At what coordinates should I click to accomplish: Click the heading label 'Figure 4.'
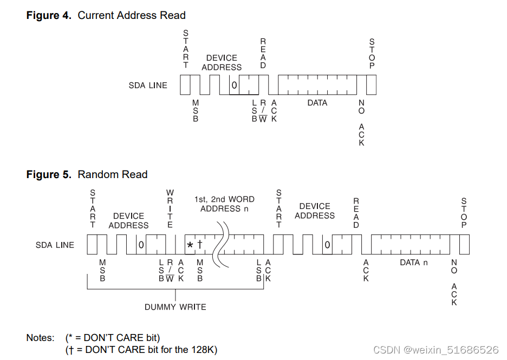click(x=49, y=15)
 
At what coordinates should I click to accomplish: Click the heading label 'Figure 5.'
click(x=49, y=174)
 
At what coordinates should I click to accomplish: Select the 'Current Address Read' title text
click(x=132, y=15)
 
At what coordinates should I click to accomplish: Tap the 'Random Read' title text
click(x=113, y=174)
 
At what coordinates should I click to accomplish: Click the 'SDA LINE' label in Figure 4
click(x=148, y=86)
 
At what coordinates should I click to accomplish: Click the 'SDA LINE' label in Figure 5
click(x=55, y=245)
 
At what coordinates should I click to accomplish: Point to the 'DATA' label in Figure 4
click(x=317, y=103)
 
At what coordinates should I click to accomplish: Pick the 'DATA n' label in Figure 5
click(x=414, y=263)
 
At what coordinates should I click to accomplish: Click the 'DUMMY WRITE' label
click(x=175, y=307)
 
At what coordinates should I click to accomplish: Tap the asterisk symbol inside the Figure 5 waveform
click(x=190, y=245)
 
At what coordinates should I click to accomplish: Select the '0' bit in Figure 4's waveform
click(x=234, y=86)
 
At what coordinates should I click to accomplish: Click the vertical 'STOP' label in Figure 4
click(x=372, y=54)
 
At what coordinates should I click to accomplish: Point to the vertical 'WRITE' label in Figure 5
click(x=170, y=208)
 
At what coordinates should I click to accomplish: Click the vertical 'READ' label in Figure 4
click(x=263, y=54)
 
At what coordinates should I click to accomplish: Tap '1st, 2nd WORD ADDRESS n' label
click(x=224, y=204)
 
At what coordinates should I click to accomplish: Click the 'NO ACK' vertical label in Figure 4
click(x=361, y=122)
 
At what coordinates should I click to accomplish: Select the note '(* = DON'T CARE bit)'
click(x=113, y=338)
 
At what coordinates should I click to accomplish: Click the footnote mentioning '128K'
click(x=141, y=350)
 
